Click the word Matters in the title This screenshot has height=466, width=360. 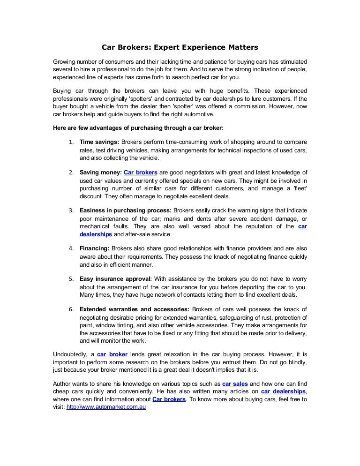click(240, 47)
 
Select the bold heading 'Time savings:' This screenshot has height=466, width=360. click(99, 142)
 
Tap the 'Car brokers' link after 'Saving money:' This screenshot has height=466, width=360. click(141, 173)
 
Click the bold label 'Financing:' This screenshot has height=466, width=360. click(95, 248)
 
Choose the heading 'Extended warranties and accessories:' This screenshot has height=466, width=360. click(135, 309)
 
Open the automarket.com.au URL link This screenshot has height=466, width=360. click(106, 407)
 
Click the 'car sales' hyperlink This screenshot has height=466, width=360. click(235, 383)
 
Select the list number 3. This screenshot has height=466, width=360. click(71, 211)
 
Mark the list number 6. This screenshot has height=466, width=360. click(71, 310)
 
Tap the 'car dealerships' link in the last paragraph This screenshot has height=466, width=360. click(283, 391)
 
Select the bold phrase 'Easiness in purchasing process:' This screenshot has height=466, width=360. click(126, 210)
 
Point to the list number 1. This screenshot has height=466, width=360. click(71, 142)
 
